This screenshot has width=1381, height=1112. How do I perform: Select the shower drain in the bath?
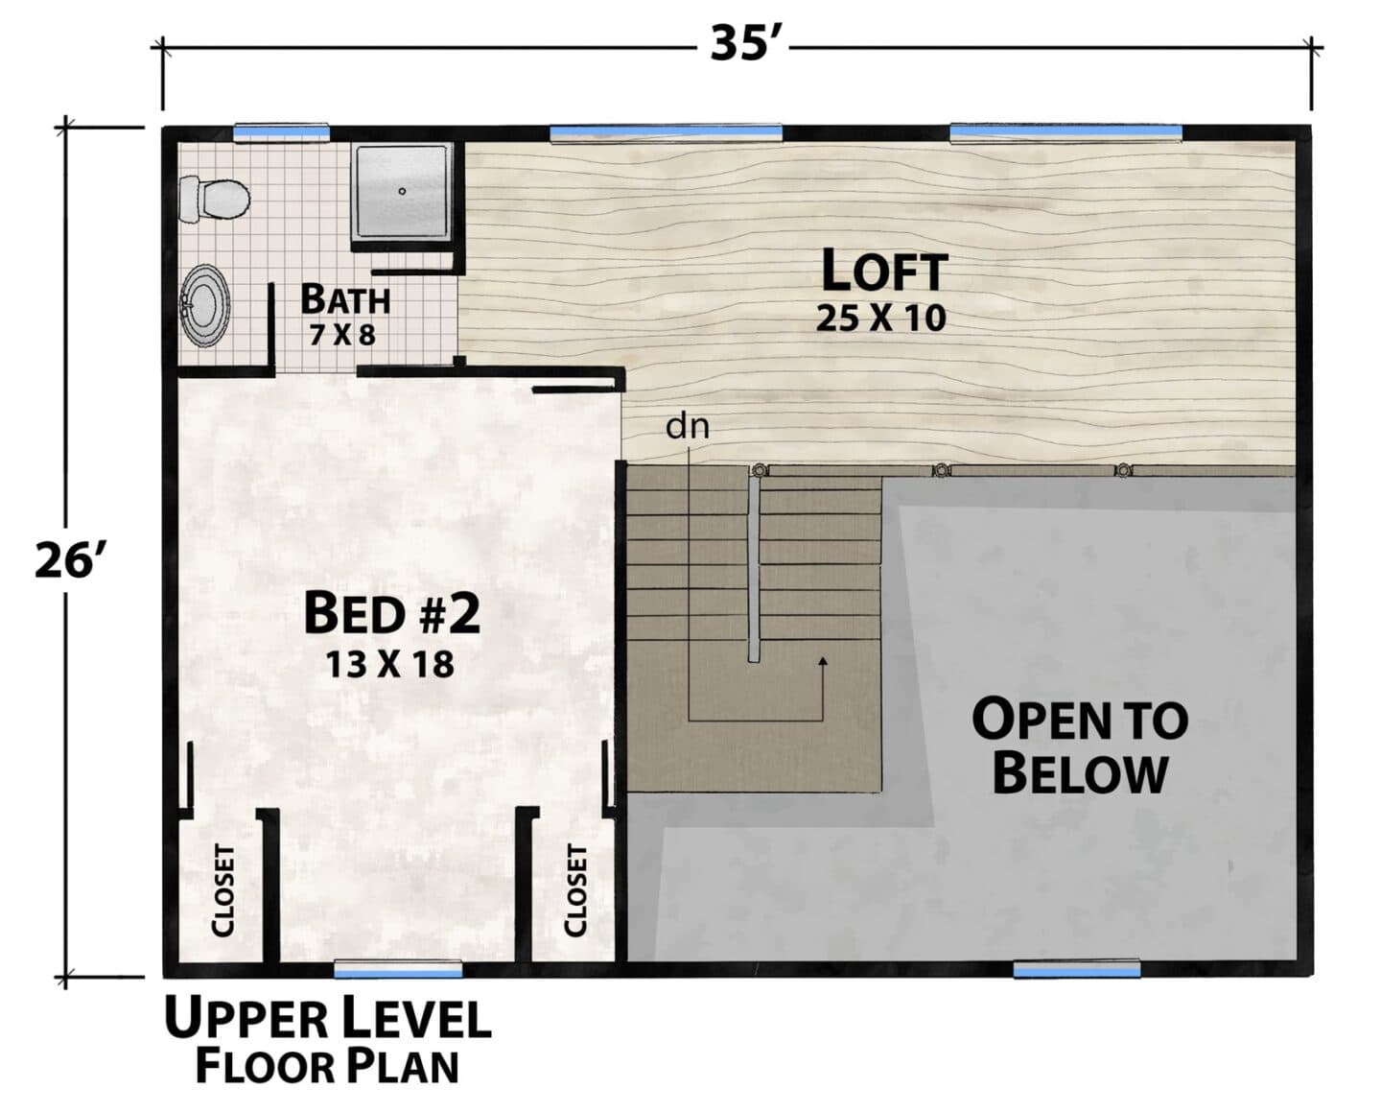[403, 191]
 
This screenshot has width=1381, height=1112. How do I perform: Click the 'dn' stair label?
[688, 427]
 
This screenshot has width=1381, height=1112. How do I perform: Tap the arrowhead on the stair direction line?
[823, 661]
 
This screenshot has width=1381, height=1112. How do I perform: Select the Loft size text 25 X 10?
[880, 319]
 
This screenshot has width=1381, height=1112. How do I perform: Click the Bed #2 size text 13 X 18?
[390, 664]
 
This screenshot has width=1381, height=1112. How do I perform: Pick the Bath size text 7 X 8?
[342, 335]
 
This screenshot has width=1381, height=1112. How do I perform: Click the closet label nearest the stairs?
[575, 890]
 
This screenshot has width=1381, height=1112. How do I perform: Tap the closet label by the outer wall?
[223, 890]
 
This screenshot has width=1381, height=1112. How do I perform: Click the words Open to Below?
[1080, 745]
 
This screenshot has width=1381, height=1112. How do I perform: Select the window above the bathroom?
[281, 131]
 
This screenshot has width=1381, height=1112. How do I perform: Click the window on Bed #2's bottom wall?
[398, 969]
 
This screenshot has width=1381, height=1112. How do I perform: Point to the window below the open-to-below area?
[1077, 969]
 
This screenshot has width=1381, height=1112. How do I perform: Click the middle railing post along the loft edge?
[941, 470]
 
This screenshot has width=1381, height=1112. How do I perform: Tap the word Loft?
[884, 271]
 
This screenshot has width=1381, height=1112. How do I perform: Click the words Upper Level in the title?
[328, 1019]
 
